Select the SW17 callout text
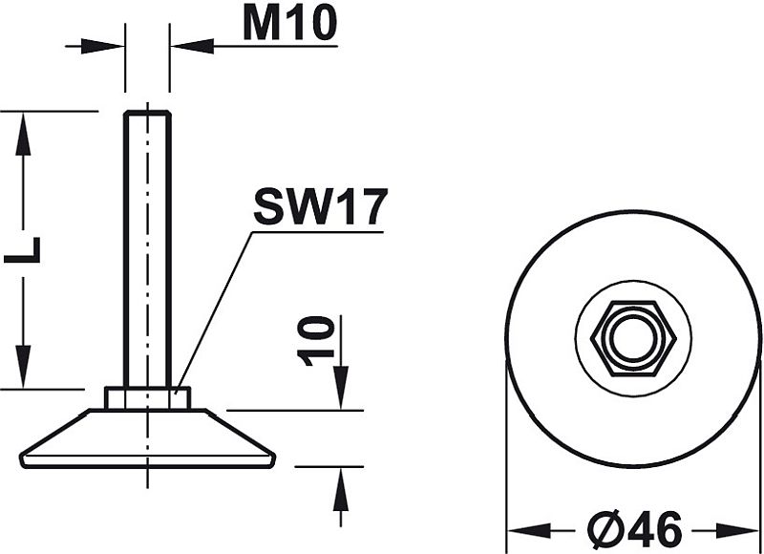pyautogui.click(x=320, y=206)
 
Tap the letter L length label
pyautogui.click(x=22, y=250)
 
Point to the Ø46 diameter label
pyautogui.click(x=634, y=529)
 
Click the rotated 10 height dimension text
pyautogui.click(x=316, y=341)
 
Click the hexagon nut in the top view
pyautogui.click(x=633, y=339)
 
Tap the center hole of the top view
pyautogui.click(x=633, y=339)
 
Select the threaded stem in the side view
pyautogui.click(x=147, y=249)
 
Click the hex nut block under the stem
pyautogui.click(x=147, y=398)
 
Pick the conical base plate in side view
pyautogui.click(x=147, y=438)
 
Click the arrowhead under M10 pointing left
pyautogui.click(x=193, y=46)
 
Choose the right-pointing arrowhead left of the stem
pyautogui.click(x=102, y=46)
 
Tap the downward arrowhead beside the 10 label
pyautogui.click(x=341, y=388)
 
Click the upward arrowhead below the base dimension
pyautogui.click(x=341, y=489)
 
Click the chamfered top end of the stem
pyautogui.click(x=147, y=114)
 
